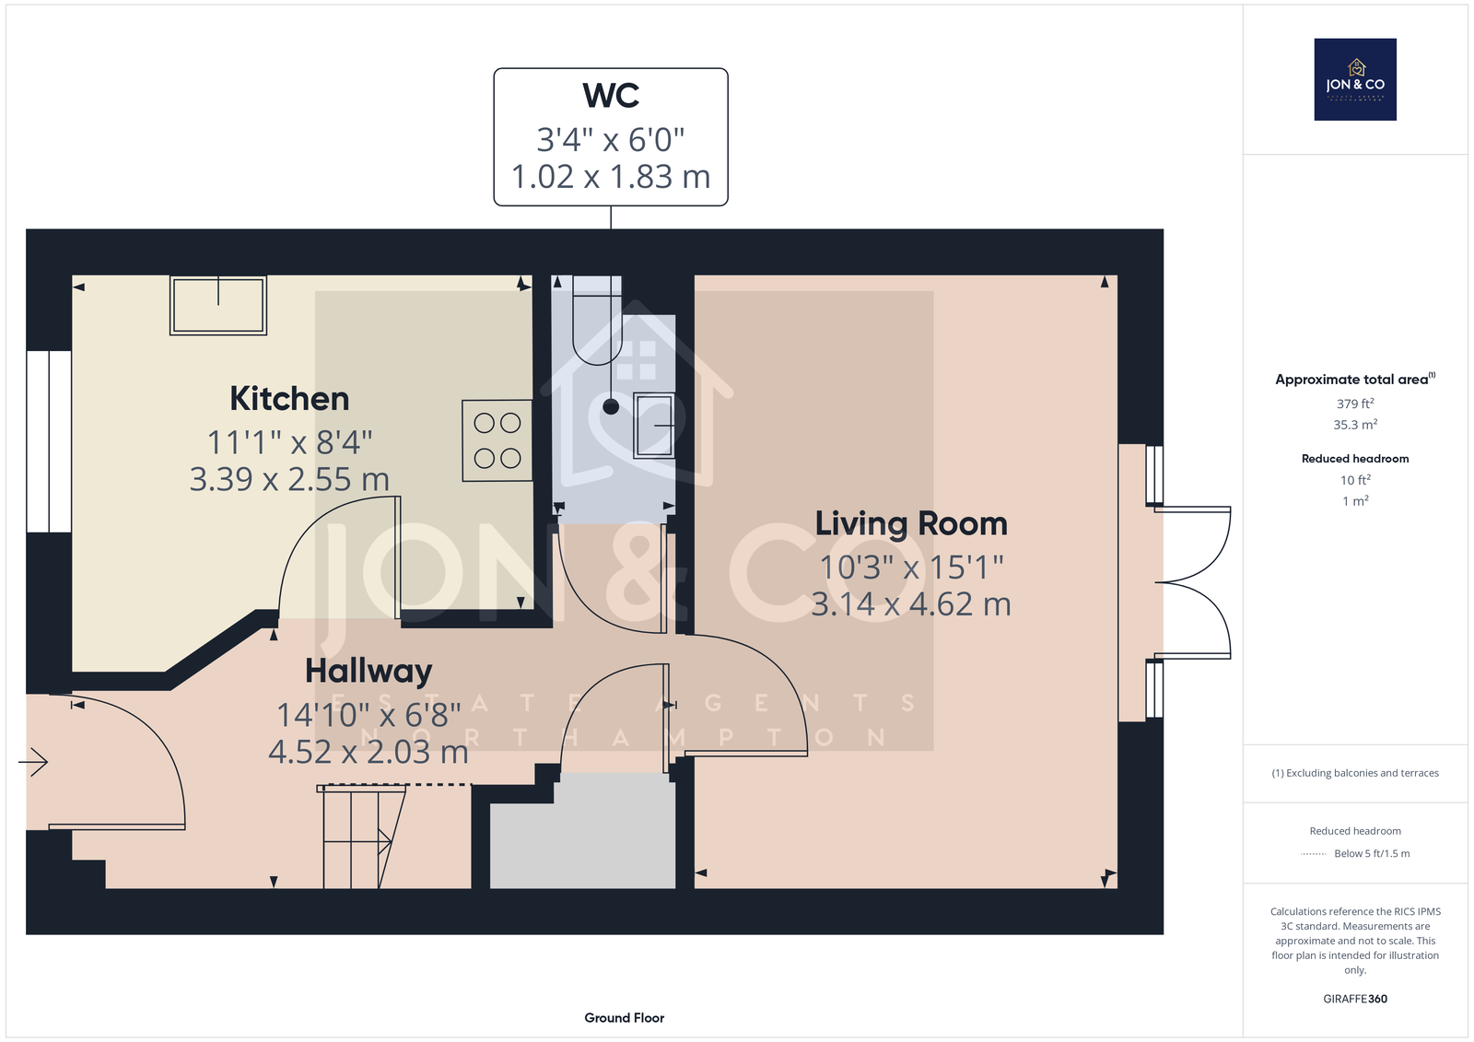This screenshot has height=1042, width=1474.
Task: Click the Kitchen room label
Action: tap(289, 399)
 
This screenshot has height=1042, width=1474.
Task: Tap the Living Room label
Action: tap(911, 524)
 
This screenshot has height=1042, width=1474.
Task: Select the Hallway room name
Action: tap(368, 672)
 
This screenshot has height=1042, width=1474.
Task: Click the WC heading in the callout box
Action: tap(611, 96)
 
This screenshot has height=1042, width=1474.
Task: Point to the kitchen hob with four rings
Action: tap(497, 440)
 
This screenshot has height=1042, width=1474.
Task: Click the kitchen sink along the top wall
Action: tap(218, 306)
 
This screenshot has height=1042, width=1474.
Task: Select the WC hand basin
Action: tap(654, 426)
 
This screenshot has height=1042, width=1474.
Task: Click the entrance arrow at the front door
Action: tap(33, 762)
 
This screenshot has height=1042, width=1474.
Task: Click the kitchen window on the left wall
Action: tap(49, 441)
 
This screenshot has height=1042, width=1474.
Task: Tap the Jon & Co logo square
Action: tap(1355, 79)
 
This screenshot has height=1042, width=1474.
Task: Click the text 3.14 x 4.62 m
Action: tap(911, 604)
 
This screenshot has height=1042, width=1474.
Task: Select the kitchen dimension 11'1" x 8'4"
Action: tap(289, 442)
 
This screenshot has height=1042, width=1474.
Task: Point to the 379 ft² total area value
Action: tap(1355, 404)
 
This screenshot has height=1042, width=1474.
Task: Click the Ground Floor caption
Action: tap(625, 1018)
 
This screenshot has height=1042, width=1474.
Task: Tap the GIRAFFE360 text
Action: tap(1355, 999)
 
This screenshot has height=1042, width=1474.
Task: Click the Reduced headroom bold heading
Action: tap(1355, 459)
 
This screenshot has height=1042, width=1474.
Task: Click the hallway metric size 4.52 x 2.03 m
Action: tap(368, 752)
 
